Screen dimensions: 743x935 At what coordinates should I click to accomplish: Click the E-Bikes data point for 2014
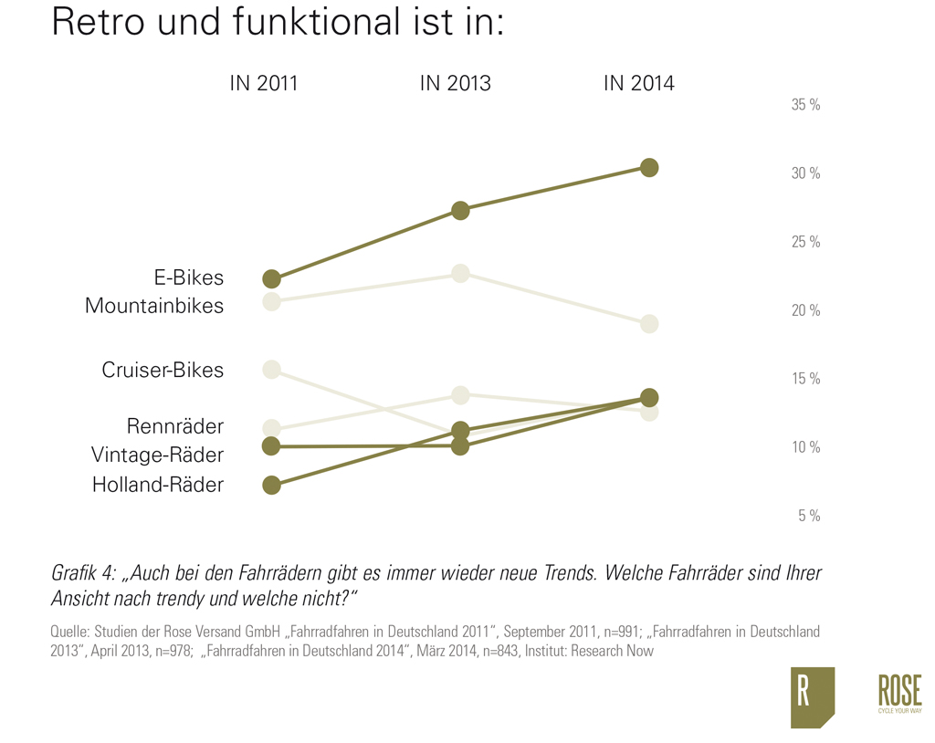tap(649, 167)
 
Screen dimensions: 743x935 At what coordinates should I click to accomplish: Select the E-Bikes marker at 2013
tap(460, 211)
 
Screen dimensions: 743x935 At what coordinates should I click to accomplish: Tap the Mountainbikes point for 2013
tap(460, 273)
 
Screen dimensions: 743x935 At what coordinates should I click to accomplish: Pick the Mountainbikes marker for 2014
tap(649, 324)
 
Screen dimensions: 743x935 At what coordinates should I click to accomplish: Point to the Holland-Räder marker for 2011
tap(271, 485)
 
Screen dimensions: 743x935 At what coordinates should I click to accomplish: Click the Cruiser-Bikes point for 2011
tap(271, 369)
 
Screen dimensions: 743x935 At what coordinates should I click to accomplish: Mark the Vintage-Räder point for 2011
tap(271, 445)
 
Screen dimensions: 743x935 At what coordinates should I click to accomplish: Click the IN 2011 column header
tap(264, 84)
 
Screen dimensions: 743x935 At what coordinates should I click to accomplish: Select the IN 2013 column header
tap(455, 84)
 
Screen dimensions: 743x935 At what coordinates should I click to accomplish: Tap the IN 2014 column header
tap(639, 84)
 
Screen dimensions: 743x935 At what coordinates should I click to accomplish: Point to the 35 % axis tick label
tap(805, 105)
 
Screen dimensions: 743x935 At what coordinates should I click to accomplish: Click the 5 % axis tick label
tap(809, 516)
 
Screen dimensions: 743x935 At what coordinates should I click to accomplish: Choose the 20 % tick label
tap(805, 310)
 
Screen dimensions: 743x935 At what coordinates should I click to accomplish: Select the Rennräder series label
tap(175, 426)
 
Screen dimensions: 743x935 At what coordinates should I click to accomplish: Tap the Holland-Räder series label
tap(158, 485)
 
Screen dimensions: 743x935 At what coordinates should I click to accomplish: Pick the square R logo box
tap(812, 697)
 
